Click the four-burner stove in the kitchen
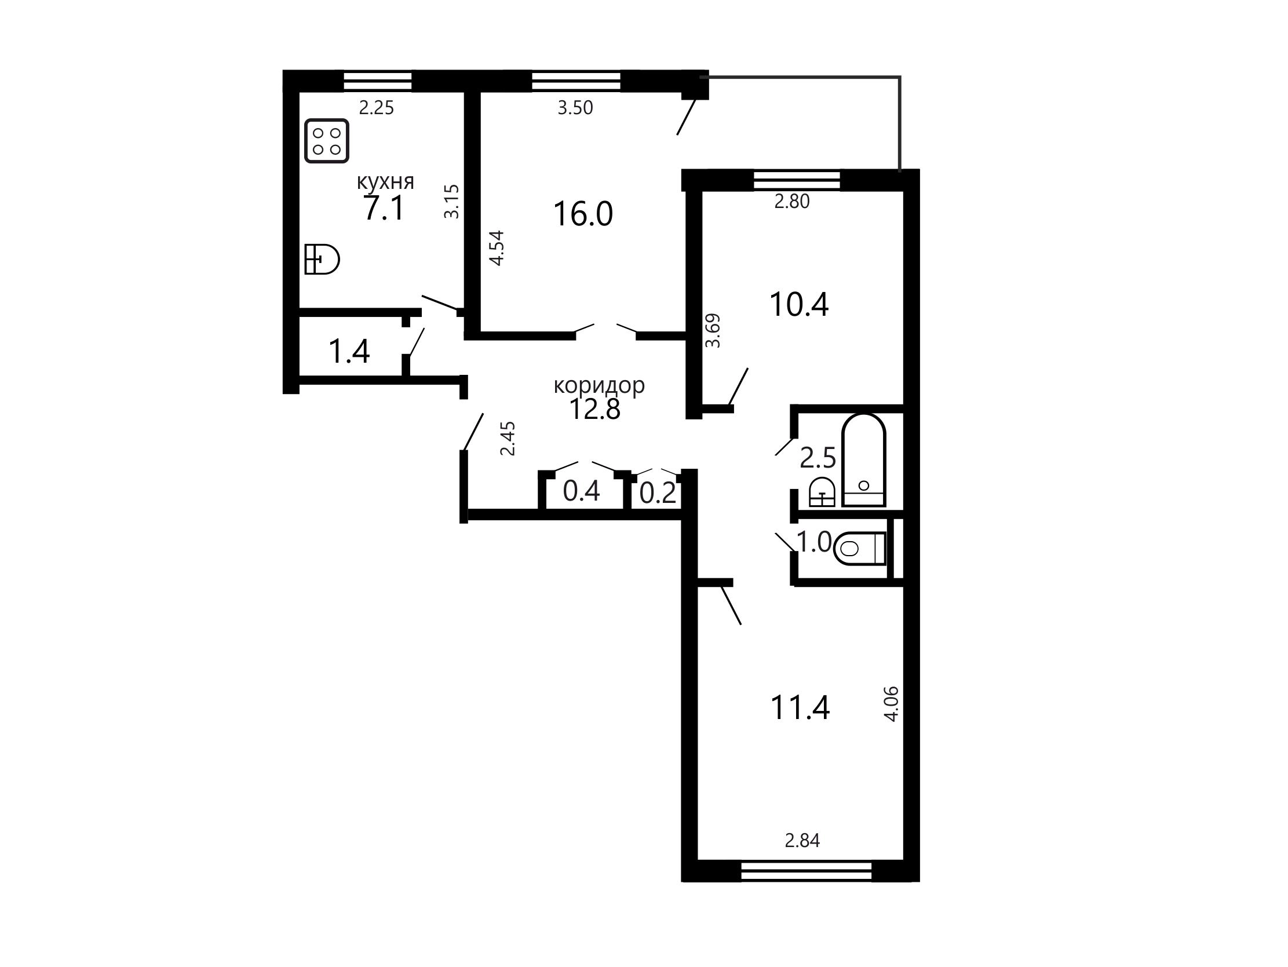327,141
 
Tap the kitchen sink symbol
322,259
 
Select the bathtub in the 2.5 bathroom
864,460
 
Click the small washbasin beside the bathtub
822,492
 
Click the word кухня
385,182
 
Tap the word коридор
599,385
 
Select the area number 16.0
583,214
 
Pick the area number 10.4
799,304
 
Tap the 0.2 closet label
658,494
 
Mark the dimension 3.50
575,108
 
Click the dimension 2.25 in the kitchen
376,108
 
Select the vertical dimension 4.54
496,249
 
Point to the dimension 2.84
802,841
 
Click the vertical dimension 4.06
892,705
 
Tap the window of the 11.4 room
807,871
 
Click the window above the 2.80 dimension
797,180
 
